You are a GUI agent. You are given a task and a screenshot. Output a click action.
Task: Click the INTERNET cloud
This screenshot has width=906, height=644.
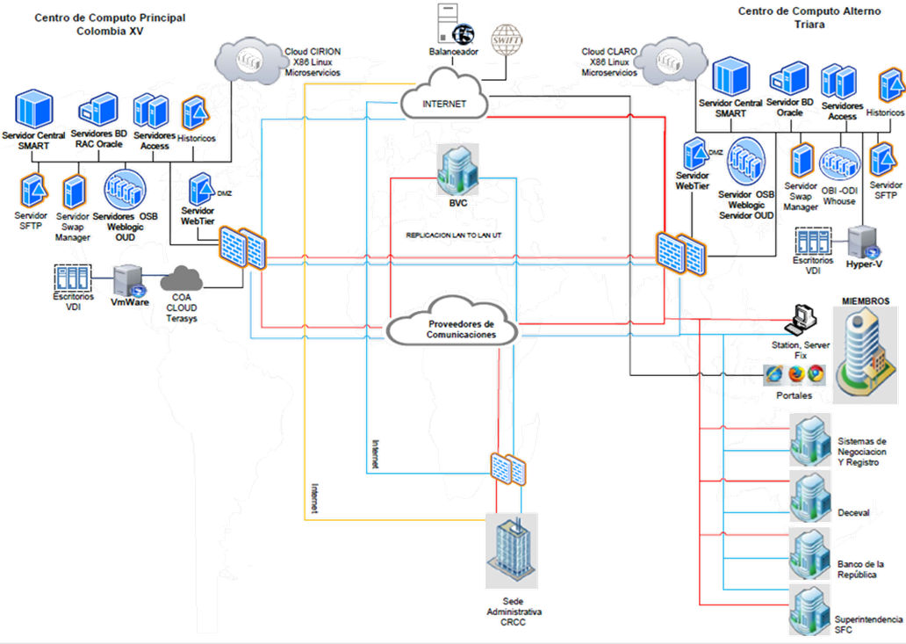tap(442, 101)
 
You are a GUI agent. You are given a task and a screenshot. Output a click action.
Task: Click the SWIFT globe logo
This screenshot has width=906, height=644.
tap(506, 39)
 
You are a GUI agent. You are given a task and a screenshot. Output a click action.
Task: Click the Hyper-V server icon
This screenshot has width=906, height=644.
tap(864, 239)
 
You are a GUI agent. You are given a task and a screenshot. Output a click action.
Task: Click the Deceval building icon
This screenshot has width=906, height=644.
tap(809, 497)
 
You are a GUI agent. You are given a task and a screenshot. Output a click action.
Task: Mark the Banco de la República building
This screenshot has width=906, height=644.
tap(809, 552)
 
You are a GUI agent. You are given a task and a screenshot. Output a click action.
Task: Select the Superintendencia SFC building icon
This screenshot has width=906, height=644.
tap(809, 608)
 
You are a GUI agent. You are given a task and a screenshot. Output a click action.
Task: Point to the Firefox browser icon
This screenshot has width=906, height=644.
tap(795, 373)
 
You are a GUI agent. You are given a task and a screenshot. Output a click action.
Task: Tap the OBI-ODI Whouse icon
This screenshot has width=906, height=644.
tap(838, 163)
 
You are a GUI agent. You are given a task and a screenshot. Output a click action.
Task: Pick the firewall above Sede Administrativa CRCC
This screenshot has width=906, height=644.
tap(508, 467)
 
